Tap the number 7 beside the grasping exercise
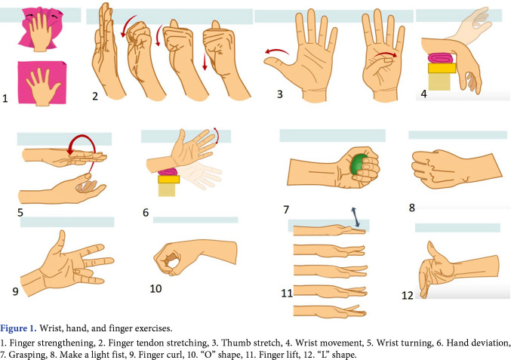pos(286,209)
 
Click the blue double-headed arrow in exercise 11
pos(352,216)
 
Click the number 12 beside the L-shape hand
pos(408,296)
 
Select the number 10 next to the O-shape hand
pos(155,288)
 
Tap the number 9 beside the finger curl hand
pos(15,289)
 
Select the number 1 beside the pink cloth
pos(5,98)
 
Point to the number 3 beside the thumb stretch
pos(279,95)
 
